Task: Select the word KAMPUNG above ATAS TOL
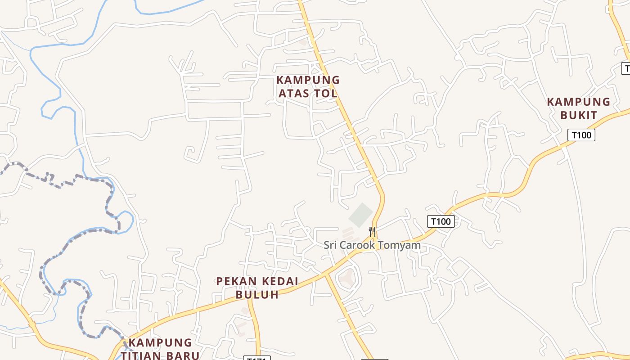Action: point(308,81)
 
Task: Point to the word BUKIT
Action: point(579,115)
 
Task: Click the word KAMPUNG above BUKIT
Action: point(579,102)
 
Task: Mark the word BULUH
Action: point(257,295)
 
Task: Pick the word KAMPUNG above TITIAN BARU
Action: point(160,343)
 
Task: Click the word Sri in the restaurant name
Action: point(331,245)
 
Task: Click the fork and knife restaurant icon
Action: point(372,232)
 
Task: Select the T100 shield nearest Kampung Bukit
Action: point(581,135)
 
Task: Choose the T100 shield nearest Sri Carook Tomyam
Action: point(441,221)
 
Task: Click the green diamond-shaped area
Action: point(361,215)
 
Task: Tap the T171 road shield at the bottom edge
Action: point(257,358)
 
